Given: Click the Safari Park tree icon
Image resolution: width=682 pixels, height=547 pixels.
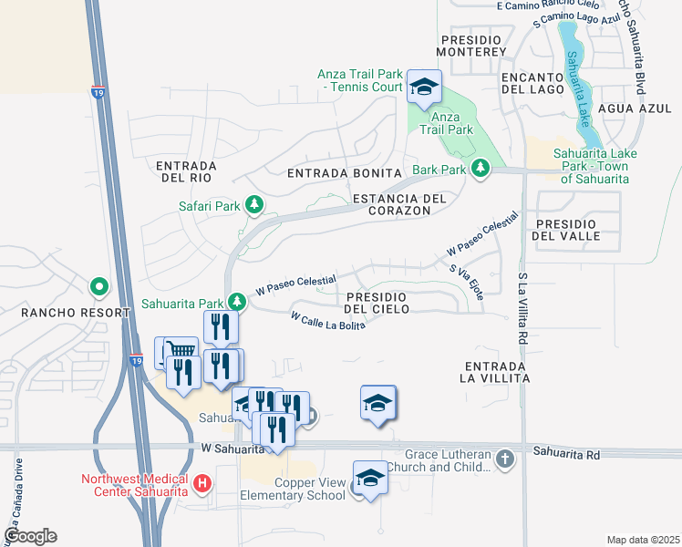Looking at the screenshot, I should click(256, 206).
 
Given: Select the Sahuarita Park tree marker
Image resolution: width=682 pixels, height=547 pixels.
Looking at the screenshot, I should click(237, 301).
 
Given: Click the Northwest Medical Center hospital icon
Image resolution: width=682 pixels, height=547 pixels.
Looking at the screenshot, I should click(202, 481).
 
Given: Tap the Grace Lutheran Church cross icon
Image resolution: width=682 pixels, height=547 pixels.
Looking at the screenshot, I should click(506, 459).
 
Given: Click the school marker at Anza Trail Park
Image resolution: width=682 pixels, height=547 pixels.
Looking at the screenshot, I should click(424, 88).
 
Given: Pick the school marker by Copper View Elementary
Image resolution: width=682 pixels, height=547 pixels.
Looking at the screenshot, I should click(370, 480).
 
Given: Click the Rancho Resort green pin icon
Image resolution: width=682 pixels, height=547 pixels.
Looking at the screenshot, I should click(99, 287).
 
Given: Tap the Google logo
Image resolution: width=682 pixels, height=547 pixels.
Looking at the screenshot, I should click(30, 536).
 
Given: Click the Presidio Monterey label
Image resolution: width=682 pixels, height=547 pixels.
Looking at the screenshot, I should click(471, 46).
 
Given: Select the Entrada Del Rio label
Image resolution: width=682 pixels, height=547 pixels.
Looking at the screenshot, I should click(185, 171).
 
